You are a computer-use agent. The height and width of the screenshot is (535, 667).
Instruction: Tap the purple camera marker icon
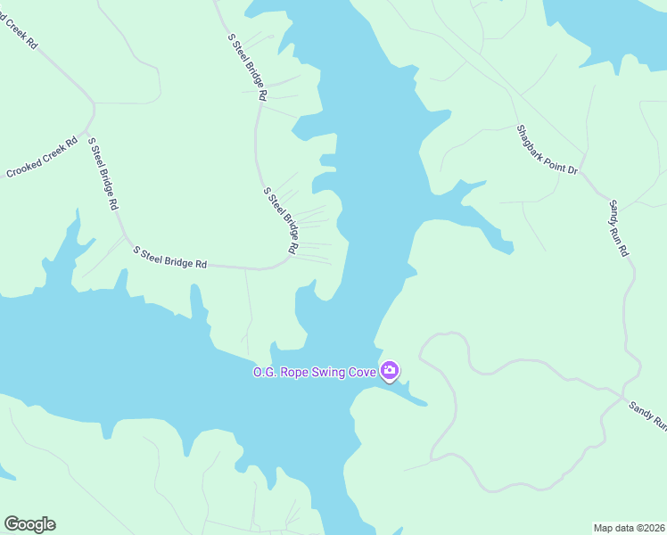tap(390, 370)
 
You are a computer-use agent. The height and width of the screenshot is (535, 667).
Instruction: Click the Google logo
tap(29, 524)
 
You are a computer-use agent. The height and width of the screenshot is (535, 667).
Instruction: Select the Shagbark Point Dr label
tap(548, 149)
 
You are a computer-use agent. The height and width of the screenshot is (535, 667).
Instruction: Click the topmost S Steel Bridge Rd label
tap(248, 67)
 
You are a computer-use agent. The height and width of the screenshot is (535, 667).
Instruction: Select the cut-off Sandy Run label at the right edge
tap(647, 414)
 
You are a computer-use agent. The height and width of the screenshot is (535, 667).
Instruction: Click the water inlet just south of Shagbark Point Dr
tap(473, 210)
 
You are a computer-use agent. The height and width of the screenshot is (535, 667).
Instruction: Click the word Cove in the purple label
tap(362, 371)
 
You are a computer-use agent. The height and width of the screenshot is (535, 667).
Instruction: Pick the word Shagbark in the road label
tap(532, 139)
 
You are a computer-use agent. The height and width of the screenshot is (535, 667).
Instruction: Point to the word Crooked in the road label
tap(26, 167)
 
